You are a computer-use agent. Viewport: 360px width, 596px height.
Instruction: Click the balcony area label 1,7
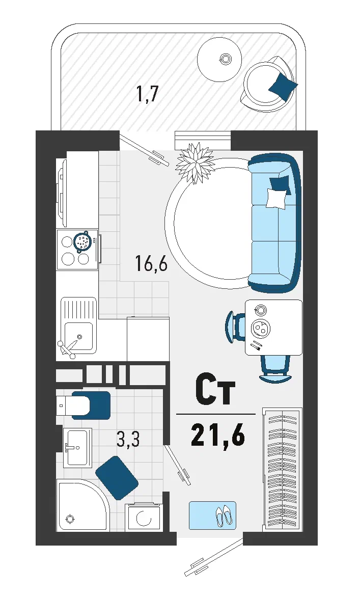(x=147, y=94)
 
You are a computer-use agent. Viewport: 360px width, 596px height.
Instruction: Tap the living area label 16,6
(x=151, y=263)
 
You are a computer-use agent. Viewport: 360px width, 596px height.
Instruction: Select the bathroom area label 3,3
(x=128, y=439)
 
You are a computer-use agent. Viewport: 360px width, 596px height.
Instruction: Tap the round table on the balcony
(x=219, y=59)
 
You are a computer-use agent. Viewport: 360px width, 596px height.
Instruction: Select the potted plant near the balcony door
(x=195, y=162)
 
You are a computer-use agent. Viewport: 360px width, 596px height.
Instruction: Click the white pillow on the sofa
(x=277, y=198)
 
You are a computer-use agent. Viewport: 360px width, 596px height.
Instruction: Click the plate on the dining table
(x=261, y=327)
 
